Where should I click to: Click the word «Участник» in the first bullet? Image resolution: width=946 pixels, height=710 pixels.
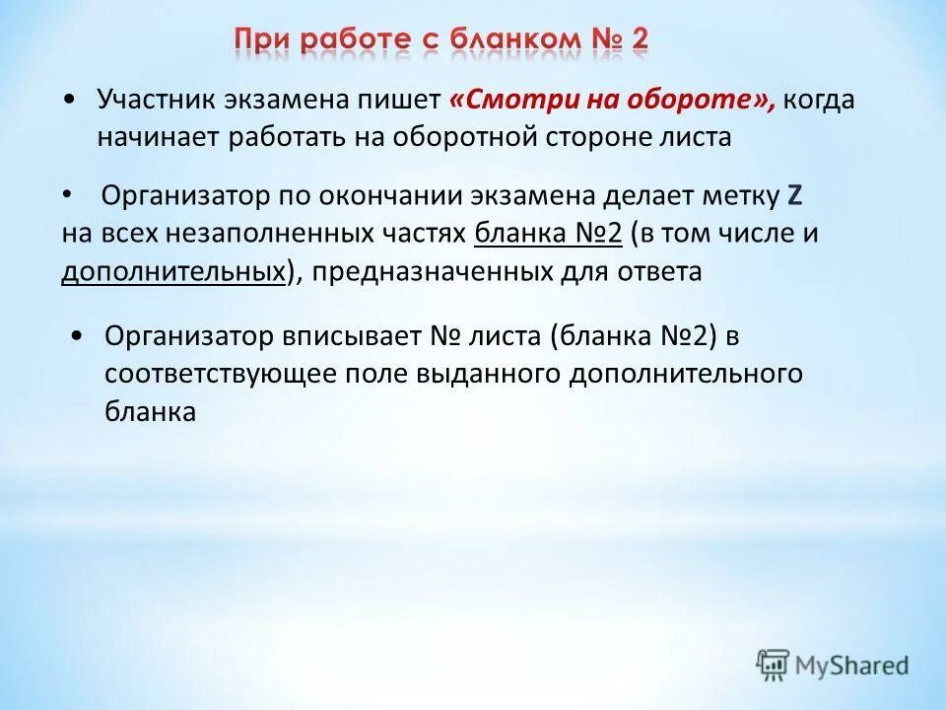pos(157,101)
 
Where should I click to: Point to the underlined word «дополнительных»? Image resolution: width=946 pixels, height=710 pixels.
pos(173,272)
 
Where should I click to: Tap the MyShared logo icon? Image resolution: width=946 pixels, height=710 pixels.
pos(774,664)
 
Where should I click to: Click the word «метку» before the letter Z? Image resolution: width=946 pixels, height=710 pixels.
pos(743,196)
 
